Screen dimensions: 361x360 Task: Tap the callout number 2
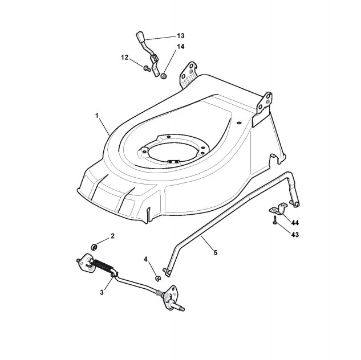click(112, 235)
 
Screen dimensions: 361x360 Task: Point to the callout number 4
click(146, 259)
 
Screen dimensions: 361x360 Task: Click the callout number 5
click(215, 252)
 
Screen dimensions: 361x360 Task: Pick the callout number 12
click(124, 57)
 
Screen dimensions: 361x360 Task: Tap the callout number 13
click(181, 36)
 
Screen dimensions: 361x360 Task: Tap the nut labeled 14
click(163, 75)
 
